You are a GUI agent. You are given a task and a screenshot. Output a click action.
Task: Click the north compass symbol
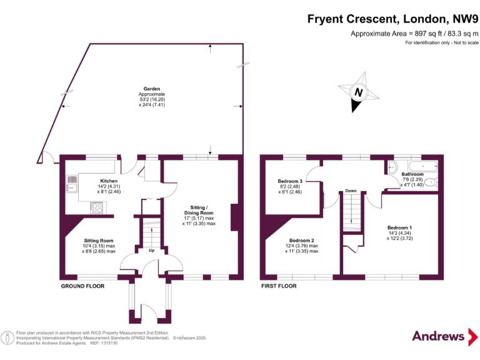pyautogui.click(x=358, y=93)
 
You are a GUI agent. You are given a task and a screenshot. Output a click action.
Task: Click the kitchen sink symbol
pyautogui.click(x=72, y=183)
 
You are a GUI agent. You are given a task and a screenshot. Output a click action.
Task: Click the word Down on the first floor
pyautogui.click(x=351, y=190)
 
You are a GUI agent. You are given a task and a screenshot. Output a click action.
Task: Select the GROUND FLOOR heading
pyautogui.click(x=82, y=286)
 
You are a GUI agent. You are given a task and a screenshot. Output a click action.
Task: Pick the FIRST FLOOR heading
pyautogui.click(x=278, y=286)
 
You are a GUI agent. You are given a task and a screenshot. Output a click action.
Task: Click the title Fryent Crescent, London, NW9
pyautogui.click(x=392, y=19)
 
